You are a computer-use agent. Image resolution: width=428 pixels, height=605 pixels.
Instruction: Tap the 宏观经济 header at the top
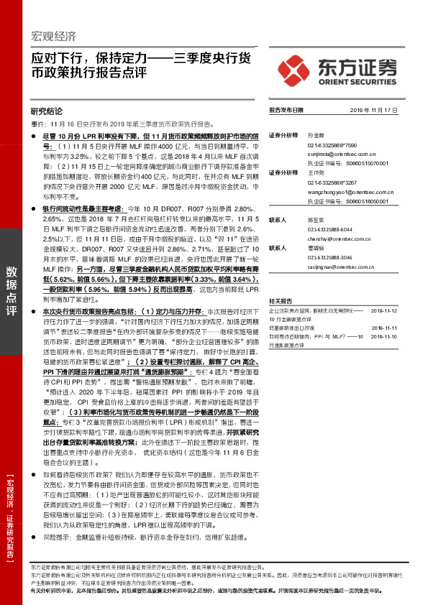point(55,37)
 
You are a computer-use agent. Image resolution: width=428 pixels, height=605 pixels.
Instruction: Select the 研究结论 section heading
point(47,111)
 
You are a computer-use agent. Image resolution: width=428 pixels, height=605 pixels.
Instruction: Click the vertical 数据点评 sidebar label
point(12,290)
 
